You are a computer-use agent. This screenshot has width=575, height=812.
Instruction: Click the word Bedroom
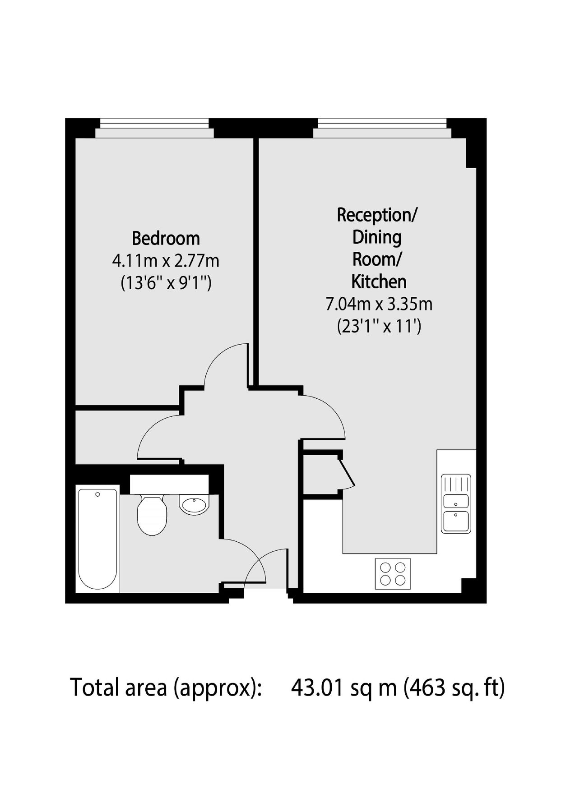[x=166, y=238]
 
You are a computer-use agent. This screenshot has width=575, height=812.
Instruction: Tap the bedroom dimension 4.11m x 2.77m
[x=166, y=261]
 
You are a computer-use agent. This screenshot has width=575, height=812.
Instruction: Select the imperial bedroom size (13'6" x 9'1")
[x=166, y=283]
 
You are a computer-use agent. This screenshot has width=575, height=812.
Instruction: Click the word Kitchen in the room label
[x=379, y=281]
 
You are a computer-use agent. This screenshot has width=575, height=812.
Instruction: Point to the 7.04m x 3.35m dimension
[x=379, y=304]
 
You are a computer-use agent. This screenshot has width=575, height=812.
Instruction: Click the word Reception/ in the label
[x=377, y=215]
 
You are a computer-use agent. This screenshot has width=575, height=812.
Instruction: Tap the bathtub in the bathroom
[x=97, y=539]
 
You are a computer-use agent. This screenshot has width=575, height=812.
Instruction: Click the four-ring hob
[x=393, y=573]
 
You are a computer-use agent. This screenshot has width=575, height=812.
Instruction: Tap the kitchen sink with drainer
[x=456, y=504]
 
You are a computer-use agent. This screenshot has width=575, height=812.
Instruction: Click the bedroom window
[x=154, y=128]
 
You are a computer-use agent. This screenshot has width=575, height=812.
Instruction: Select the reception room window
[x=382, y=128]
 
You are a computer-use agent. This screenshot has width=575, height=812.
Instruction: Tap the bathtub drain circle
[x=98, y=495]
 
